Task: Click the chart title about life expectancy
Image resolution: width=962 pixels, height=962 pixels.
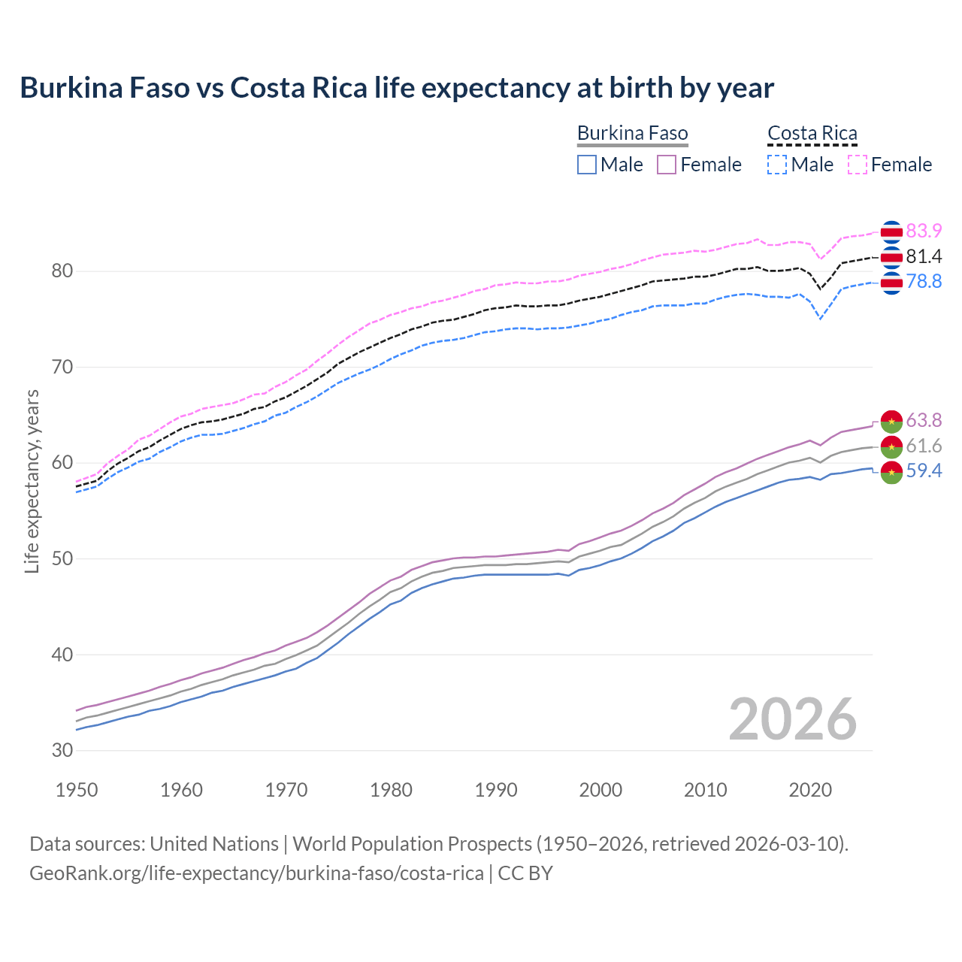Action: pyautogui.click(x=397, y=88)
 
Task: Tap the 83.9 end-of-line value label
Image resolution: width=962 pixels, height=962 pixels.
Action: pyautogui.click(x=924, y=231)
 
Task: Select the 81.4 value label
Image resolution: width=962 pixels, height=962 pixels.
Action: pyautogui.click(x=924, y=256)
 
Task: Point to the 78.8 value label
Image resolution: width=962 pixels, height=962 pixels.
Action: pyautogui.click(x=924, y=281)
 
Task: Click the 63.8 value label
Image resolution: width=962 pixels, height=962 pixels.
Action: pyautogui.click(x=924, y=420)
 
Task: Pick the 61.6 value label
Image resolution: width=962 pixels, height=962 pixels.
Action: pyautogui.click(x=924, y=446)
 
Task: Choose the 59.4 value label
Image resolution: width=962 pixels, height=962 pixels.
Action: pyautogui.click(x=924, y=471)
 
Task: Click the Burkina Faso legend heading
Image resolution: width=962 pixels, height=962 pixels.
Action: pyautogui.click(x=632, y=133)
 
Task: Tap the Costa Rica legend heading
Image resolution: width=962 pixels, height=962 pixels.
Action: pyautogui.click(x=812, y=133)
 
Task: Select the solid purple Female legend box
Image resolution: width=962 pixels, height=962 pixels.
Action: pyautogui.click(x=667, y=165)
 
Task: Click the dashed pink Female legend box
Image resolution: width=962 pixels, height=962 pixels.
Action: pyautogui.click(x=858, y=165)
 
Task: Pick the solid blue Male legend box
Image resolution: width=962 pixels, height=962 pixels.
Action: pyautogui.click(x=587, y=165)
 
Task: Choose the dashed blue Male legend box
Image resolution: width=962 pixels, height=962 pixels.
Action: pyautogui.click(x=777, y=165)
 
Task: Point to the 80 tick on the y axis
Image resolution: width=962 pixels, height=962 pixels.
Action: pyautogui.click(x=62, y=271)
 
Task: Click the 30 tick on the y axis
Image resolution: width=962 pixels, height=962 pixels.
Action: pyautogui.click(x=62, y=750)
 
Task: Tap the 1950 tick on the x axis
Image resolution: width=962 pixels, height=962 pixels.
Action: pyautogui.click(x=77, y=790)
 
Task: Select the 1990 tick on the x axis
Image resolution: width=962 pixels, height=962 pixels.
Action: pyautogui.click(x=496, y=790)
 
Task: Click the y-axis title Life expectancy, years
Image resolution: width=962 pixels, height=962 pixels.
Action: pyautogui.click(x=32, y=481)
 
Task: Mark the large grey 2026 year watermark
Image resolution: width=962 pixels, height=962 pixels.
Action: pyautogui.click(x=792, y=719)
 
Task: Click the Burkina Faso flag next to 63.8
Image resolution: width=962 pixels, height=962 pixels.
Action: pyautogui.click(x=891, y=422)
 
